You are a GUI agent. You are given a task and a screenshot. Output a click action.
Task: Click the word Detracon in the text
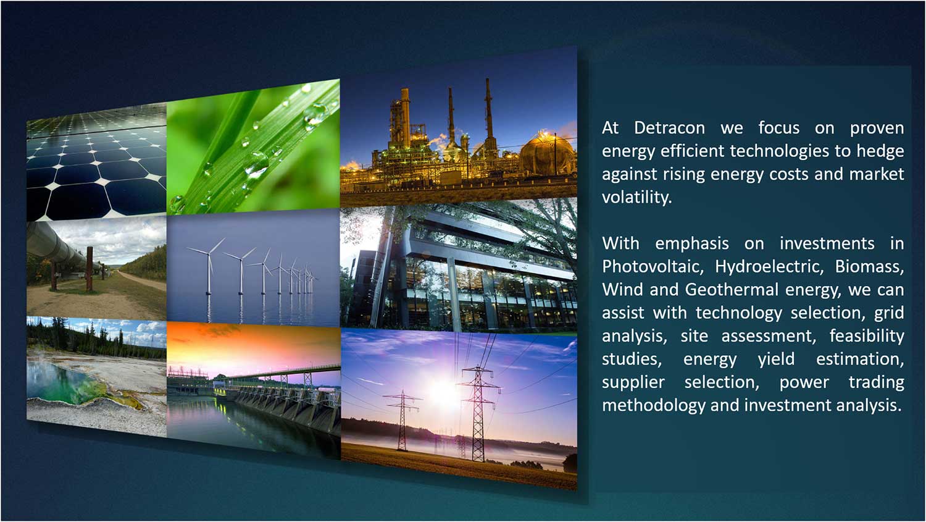pyautogui.click(x=669, y=128)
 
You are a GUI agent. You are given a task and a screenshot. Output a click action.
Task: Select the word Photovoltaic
pyautogui.click(x=653, y=266)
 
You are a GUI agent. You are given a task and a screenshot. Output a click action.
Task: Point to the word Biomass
pyautogui.click(x=869, y=266)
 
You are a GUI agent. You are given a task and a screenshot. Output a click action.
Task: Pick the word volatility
pyautogui.click(x=637, y=197)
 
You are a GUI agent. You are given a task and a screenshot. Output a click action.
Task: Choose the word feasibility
pyautogui.click(x=867, y=336)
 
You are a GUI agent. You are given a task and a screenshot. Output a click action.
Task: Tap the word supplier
pyautogui.click(x=633, y=382)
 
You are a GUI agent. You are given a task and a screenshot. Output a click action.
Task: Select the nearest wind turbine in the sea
pyautogui.click(x=209, y=265)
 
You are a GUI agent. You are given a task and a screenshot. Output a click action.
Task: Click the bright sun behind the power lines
pyautogui.click(x=444, y=393)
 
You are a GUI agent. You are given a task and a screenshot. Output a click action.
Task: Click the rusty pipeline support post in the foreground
pyautogui.click(x=90, y=269)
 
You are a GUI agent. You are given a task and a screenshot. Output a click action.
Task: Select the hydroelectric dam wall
pyautogui.click(x=285, y=408)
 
